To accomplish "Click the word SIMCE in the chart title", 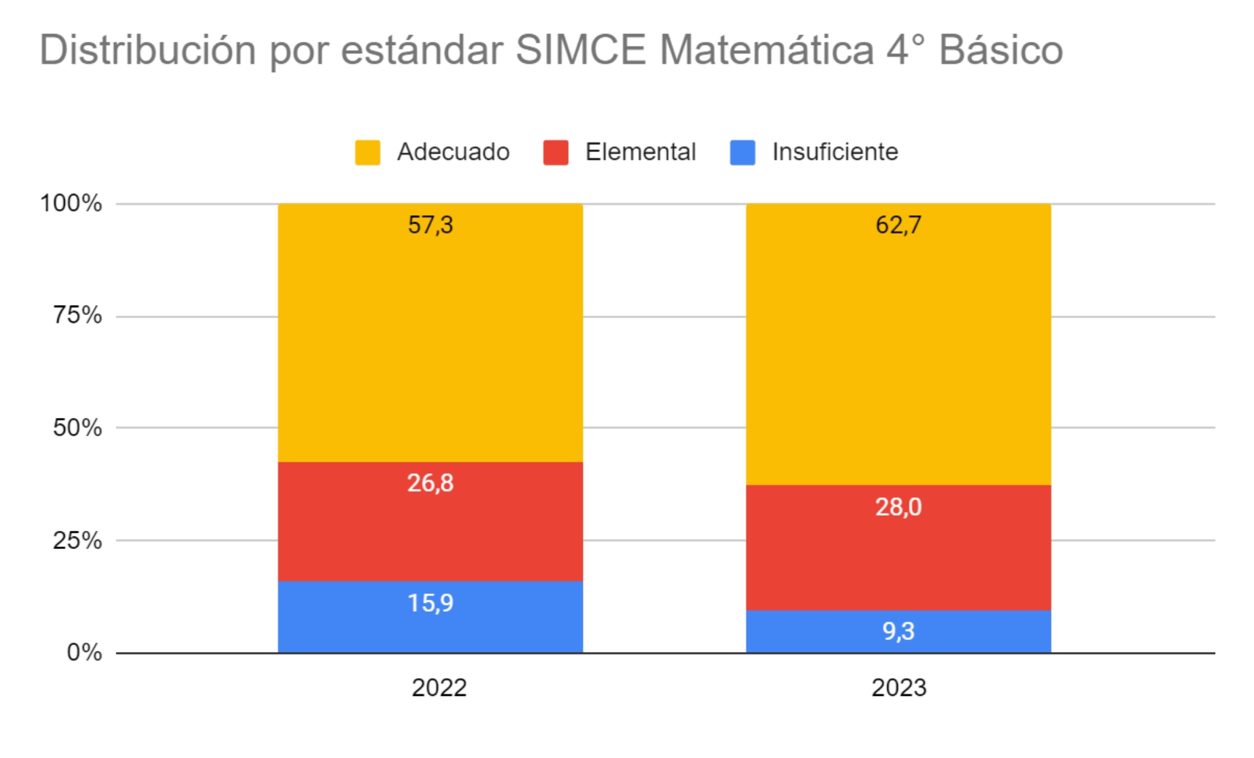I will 581,50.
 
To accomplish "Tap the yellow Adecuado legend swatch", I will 367,152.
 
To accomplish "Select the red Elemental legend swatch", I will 555,152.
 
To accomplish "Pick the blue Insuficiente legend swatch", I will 742,152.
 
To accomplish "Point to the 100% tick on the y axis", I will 71,203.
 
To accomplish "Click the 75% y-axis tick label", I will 77,315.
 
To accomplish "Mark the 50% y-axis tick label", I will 77,428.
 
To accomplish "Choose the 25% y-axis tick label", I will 77,540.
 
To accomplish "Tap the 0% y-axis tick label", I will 84,653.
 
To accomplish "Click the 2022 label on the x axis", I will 439,688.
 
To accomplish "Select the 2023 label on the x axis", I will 899,688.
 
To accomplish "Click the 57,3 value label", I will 431,225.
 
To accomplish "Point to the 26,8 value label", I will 431,483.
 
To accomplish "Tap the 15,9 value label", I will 431,603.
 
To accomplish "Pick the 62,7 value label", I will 899,225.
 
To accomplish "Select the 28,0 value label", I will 899,506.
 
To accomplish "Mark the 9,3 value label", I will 899,631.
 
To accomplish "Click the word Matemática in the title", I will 766,50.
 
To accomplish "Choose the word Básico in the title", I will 1000,50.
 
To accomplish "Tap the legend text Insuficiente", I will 835,152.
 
